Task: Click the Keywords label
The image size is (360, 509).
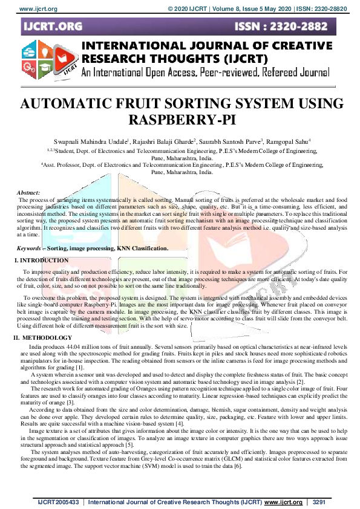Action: (31, 248)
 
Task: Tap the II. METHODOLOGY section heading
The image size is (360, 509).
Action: (43, 337)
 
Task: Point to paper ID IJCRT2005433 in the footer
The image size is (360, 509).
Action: (57, 502)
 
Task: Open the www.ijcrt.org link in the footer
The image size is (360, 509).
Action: (283, 502)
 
